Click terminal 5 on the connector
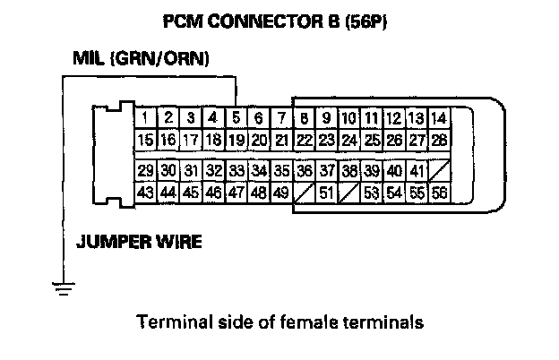point(235,117)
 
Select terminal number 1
point(144,117)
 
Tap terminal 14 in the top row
point(438,117)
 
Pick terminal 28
point(438,140)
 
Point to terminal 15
point(144,140)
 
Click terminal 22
point(304,140)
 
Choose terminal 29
point(144,170)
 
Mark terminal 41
point(417,170)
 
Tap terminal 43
point(144,192)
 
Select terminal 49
point(280,192)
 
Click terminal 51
point(326,192)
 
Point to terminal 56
point(438,192)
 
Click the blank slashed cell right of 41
point(438,170)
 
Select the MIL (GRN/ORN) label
point(141,59)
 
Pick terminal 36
point(304,170)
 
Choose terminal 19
point(235,140)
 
